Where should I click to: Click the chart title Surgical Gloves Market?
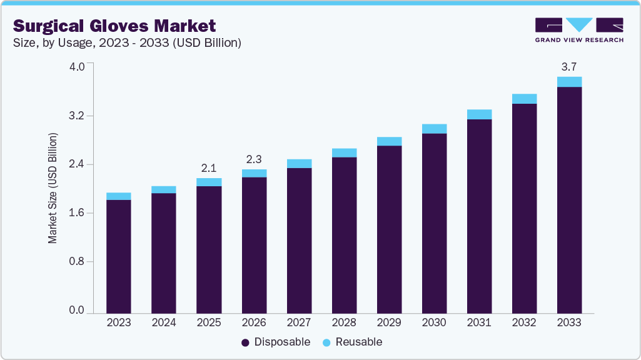tap(114, 26)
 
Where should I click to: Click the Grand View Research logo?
tap(579, 30)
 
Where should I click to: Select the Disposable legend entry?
tap(276, 342)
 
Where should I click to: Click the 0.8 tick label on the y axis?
tap(77, 261)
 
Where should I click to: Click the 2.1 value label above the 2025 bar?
tap(208, 167)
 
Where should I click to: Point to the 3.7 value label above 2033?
tap(569, 66)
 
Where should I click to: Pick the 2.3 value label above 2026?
tap(253, 159)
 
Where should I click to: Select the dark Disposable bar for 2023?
tap(118, 256)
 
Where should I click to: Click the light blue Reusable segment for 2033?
tap(569, 82)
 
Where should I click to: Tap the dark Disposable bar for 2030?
tap(434, 223)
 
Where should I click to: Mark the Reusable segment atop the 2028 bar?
tap(344, 152)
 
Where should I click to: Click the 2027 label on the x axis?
tap(299, 323)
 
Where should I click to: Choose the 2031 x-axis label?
tap(479, 323)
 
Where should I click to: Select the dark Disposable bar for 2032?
tap(524, 208)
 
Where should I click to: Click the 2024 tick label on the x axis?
tap(163, 323)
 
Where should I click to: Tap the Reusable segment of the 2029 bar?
tap(389, 141)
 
